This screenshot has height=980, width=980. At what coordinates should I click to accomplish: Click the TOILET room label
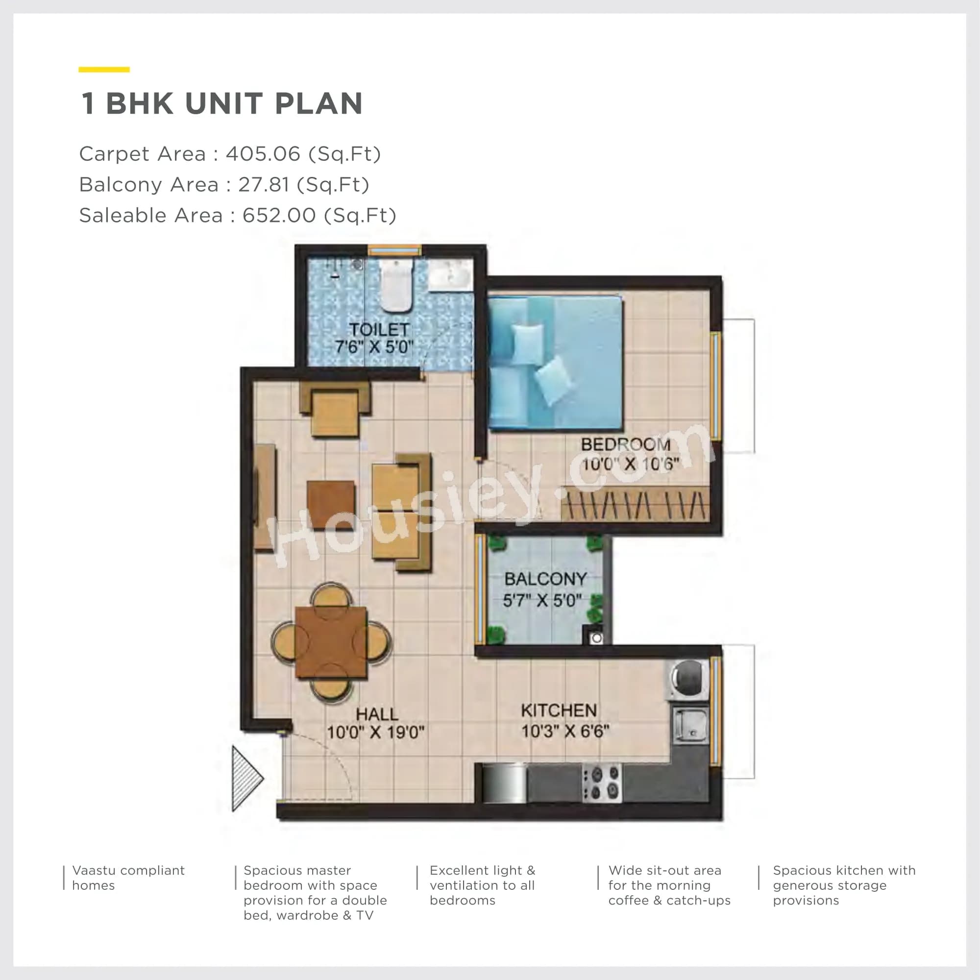click(x=379, y=329)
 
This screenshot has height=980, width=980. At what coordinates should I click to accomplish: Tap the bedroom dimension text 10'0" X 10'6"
click(x=630, y=464)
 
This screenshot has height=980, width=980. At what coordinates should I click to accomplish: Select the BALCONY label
click(x=545, y=579)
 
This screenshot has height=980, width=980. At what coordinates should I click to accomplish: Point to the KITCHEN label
click(x=559, y=710)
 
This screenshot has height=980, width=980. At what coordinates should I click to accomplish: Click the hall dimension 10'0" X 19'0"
click(x=375, y=733)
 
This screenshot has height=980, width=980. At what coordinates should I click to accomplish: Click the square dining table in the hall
click(x=331, y=642)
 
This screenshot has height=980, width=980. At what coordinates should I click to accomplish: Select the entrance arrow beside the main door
click(x=246, y=778)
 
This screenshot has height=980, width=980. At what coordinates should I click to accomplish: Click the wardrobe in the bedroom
click(x=635, y=504)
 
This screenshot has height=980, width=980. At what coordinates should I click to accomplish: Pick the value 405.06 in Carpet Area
click(x=263, y=154)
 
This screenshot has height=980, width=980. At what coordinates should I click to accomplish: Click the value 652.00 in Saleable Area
click(x=279, y=216)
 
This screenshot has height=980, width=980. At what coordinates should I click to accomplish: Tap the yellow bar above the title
click(x=104, y=70)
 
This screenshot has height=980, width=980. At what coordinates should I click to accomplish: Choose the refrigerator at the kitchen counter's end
click(x=504, y=783)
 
